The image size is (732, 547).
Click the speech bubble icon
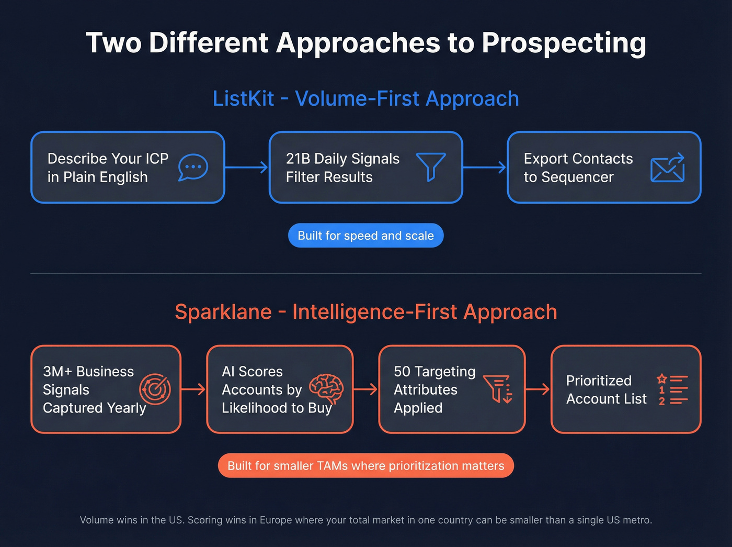point(193,168)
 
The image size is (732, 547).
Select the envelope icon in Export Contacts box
point(668,168)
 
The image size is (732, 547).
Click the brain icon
point(326,389)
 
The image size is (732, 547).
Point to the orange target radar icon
point(155,389)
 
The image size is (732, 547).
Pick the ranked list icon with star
point(672,389)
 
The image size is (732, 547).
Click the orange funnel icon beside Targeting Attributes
point(497,389)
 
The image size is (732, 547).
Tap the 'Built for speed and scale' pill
point(365,236)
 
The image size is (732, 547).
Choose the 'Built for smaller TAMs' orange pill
point(366,466)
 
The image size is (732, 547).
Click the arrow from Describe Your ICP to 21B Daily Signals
point(246,168)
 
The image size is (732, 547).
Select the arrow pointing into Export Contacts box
point(485,168)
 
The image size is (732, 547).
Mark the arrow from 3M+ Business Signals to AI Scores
point(193,389)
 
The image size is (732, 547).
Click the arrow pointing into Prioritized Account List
point(537,389)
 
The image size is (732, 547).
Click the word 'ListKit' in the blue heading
point(243,98)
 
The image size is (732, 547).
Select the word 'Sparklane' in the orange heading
point(223,312)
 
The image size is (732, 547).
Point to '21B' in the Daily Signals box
point(298,159)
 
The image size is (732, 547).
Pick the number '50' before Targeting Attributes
point(402,372)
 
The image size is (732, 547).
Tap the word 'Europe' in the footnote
point(276,520)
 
